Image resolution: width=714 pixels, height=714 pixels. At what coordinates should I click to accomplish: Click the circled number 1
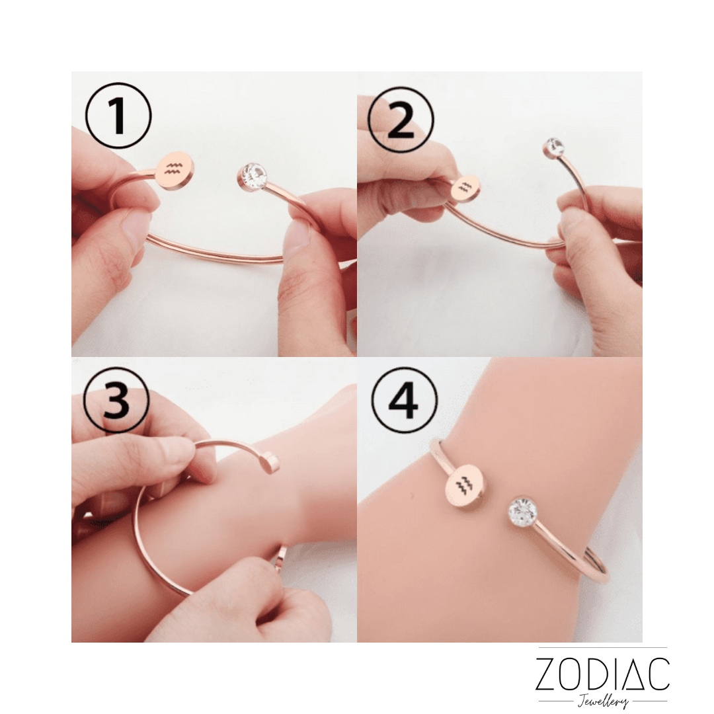click(118, 116)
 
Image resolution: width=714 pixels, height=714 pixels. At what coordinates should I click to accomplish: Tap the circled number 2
click(401, 120)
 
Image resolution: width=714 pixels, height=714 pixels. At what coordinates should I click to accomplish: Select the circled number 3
click(116, 400)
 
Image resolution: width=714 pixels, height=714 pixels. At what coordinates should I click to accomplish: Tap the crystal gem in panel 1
click(253, 176)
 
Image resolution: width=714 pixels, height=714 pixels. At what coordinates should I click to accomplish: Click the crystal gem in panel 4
click(522, 512)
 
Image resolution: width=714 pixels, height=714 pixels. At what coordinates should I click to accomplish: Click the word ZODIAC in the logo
click(602, 674)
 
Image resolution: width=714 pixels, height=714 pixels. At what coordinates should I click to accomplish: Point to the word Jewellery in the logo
click(603, 701)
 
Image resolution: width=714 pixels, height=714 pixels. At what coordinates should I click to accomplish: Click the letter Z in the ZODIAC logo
click(548, 674)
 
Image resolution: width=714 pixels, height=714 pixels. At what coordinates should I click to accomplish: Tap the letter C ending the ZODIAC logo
click(659, 674)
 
